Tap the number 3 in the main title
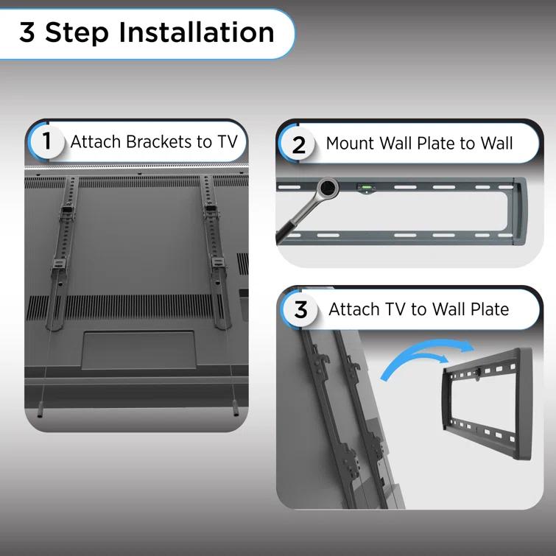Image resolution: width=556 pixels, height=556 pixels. click(27, 33)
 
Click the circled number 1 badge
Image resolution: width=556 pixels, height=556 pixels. click(47, 141)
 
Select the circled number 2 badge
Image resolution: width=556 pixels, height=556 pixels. click(298, 144)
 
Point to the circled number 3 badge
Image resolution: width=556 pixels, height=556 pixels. click(300, 310)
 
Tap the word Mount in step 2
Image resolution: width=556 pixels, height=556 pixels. click(349, 144)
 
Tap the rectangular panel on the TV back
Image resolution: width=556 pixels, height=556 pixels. click(138, 349)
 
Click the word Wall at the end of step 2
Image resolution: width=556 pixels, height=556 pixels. click(497, 144)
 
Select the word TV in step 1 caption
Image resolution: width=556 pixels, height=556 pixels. click(227, 141)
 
